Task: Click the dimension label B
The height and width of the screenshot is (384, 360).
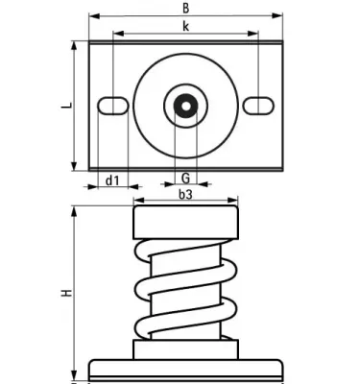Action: coord(186,8)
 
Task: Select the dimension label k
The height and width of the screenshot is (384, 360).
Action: coord(186,26)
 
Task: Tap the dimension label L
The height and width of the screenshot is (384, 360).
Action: coord(66,106)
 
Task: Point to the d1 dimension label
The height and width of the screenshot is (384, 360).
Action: coord(112,180)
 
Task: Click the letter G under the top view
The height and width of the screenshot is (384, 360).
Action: coord(185,178)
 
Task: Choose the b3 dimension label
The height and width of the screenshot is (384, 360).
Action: coord(185,194)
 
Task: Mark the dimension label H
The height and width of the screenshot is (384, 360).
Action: coord(66,293)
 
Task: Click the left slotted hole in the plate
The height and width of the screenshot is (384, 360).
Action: coord(113,106)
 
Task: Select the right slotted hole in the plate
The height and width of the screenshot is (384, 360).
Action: coord(258,106)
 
